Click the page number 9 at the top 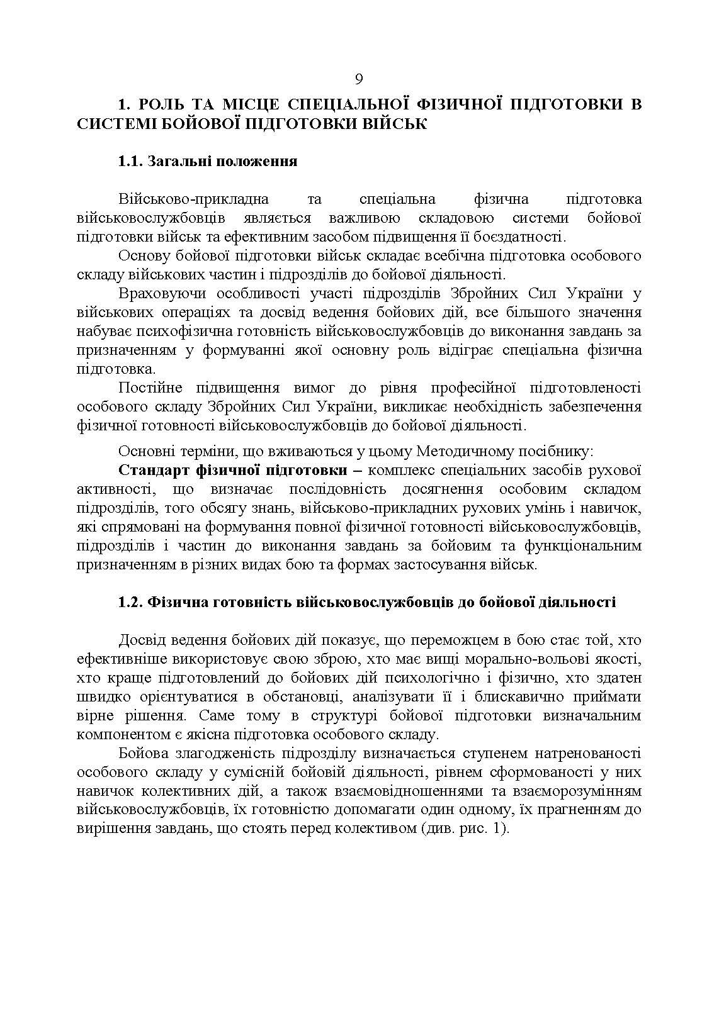click(x=359, y=79)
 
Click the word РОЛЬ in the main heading click(x=159, y=104)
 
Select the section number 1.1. click(x=130, y=162)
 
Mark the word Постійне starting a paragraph click(x=149, y=388)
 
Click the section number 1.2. click(x=130, y=602)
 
